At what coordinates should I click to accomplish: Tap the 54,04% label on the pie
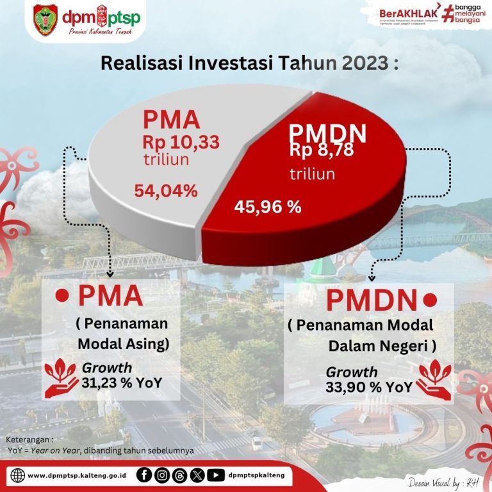tap(166, 190)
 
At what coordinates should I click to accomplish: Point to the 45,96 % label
tap(268, 207)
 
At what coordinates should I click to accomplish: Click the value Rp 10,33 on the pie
tap(181, 142)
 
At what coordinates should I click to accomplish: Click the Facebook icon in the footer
tap(144, 475)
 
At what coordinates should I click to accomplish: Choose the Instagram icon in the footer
tap(163, 475)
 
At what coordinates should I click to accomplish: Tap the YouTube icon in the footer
tap(217, 475)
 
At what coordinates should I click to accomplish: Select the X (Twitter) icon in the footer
tap(198, 475)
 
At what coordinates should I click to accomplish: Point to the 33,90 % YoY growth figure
tap(368, 387)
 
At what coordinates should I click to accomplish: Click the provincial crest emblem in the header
tap(45, 20)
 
